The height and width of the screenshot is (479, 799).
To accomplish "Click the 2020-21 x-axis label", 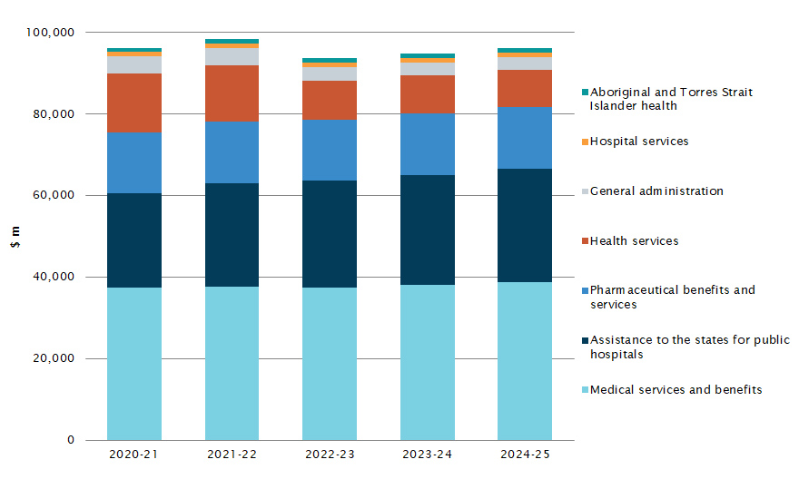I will click(133, 454).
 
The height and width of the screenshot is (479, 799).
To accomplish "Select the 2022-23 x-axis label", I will click(329, 454).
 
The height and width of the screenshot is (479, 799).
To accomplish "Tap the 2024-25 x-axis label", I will click(524, 454).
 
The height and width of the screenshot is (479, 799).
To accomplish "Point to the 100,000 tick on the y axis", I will click(52, 33).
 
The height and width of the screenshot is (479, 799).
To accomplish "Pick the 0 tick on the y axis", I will click(71, 441).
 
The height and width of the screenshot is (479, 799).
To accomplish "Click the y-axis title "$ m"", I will click(15, 237).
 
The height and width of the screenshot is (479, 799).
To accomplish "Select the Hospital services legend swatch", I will click(585, 142).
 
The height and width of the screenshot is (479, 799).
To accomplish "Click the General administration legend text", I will click(656, 191).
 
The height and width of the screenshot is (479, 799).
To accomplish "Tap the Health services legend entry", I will click(634, 241).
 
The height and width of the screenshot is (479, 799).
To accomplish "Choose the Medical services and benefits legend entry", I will click(676, 390).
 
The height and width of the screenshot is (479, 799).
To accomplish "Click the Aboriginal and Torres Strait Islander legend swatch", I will click(585, 93).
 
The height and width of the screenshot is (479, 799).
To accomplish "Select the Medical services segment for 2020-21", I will click(133, 364).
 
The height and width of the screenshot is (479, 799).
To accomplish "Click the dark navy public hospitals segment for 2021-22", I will click(232, 235).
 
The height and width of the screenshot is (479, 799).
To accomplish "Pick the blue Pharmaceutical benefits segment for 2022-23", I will click(329, 150).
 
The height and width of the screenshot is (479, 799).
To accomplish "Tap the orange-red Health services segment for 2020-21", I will click(133, 103).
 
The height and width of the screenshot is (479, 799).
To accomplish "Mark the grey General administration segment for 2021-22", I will click(232, 56).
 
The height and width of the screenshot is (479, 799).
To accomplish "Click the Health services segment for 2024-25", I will click(524, 88).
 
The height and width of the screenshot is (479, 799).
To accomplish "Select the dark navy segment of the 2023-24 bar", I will click(427, 230).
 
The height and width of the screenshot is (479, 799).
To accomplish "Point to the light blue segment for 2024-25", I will click(524, 361).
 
